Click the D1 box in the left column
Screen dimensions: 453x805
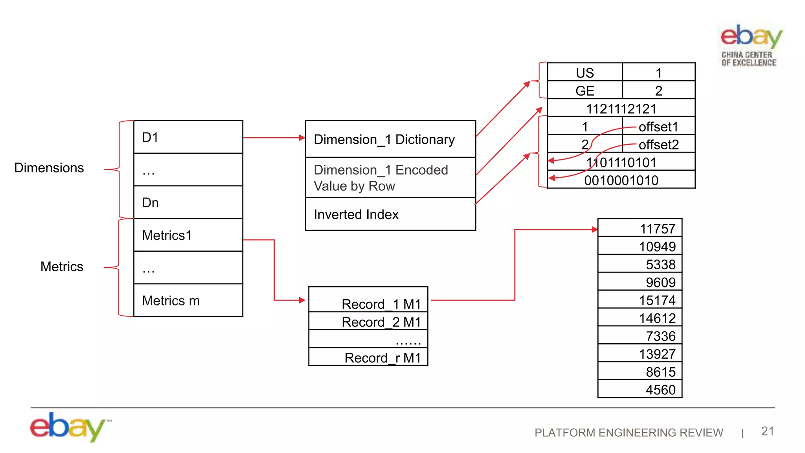point(188,137)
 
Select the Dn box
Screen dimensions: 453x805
point(188,203)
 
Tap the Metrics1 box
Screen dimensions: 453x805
point(188,235)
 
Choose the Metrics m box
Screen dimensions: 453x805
point(188,300)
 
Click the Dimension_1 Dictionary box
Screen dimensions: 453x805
point(390,139)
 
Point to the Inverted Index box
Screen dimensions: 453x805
point(390,214)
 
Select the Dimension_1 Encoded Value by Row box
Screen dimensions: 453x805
point(390,178)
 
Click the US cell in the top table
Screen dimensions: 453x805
point(584,73)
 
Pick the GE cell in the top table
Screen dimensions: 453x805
point(584,91)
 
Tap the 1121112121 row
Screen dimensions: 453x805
point(621,109)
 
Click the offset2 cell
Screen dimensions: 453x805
point(659,145)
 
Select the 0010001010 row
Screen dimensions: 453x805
point(621,180)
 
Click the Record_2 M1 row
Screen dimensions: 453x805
point(368,322)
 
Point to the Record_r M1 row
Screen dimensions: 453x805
point(368,357)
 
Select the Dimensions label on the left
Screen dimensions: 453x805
point(49,168)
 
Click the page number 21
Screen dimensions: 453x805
point(767,431)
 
